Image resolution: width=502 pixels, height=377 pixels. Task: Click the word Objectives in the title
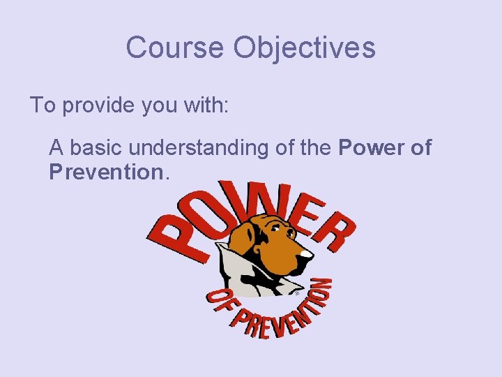(x=305, y=47)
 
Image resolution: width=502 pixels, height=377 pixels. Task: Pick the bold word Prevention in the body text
(x=105, y=172)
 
